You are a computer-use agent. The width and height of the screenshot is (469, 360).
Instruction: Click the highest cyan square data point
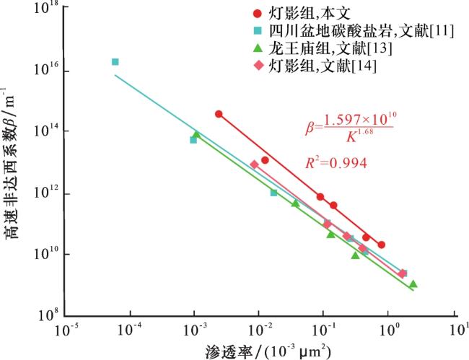[x=115, y=62]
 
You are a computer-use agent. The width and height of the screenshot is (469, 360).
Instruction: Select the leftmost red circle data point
[x=219, y=114]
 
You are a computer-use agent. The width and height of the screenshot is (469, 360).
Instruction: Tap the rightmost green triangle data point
[x=413, y=284]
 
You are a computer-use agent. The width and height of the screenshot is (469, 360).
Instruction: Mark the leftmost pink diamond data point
[x=254, y=164]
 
